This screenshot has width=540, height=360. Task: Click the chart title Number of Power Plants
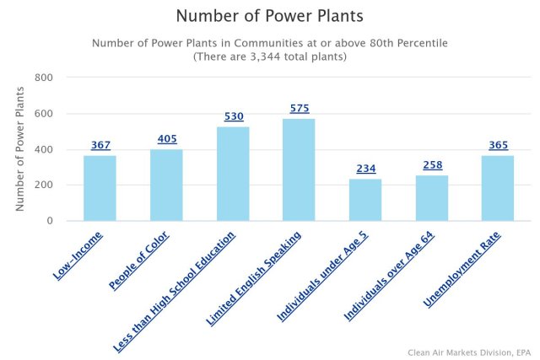(x=269, y=16)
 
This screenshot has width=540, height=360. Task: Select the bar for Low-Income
(x=100, y=188)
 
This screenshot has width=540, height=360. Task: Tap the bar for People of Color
(x=166, y=185)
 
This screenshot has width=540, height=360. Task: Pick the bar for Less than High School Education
(x=233, y=174)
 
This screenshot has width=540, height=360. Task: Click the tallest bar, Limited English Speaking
(x=300, y=169)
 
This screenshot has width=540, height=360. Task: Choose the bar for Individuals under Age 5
(x=365, y=200)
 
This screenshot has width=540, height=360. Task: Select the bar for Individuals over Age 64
(x=432, y=198)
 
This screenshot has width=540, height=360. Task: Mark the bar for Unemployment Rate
(x=498, y=188)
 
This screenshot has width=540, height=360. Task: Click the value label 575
(x=300, y=109)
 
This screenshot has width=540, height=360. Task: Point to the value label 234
(x=365, y=169)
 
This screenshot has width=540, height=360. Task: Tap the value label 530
(x=233, y=116)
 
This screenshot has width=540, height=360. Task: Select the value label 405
(x=167, y=139)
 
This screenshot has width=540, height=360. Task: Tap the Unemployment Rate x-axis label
(x=462, y=269)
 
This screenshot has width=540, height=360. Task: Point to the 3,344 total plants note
(x=269, y=56)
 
